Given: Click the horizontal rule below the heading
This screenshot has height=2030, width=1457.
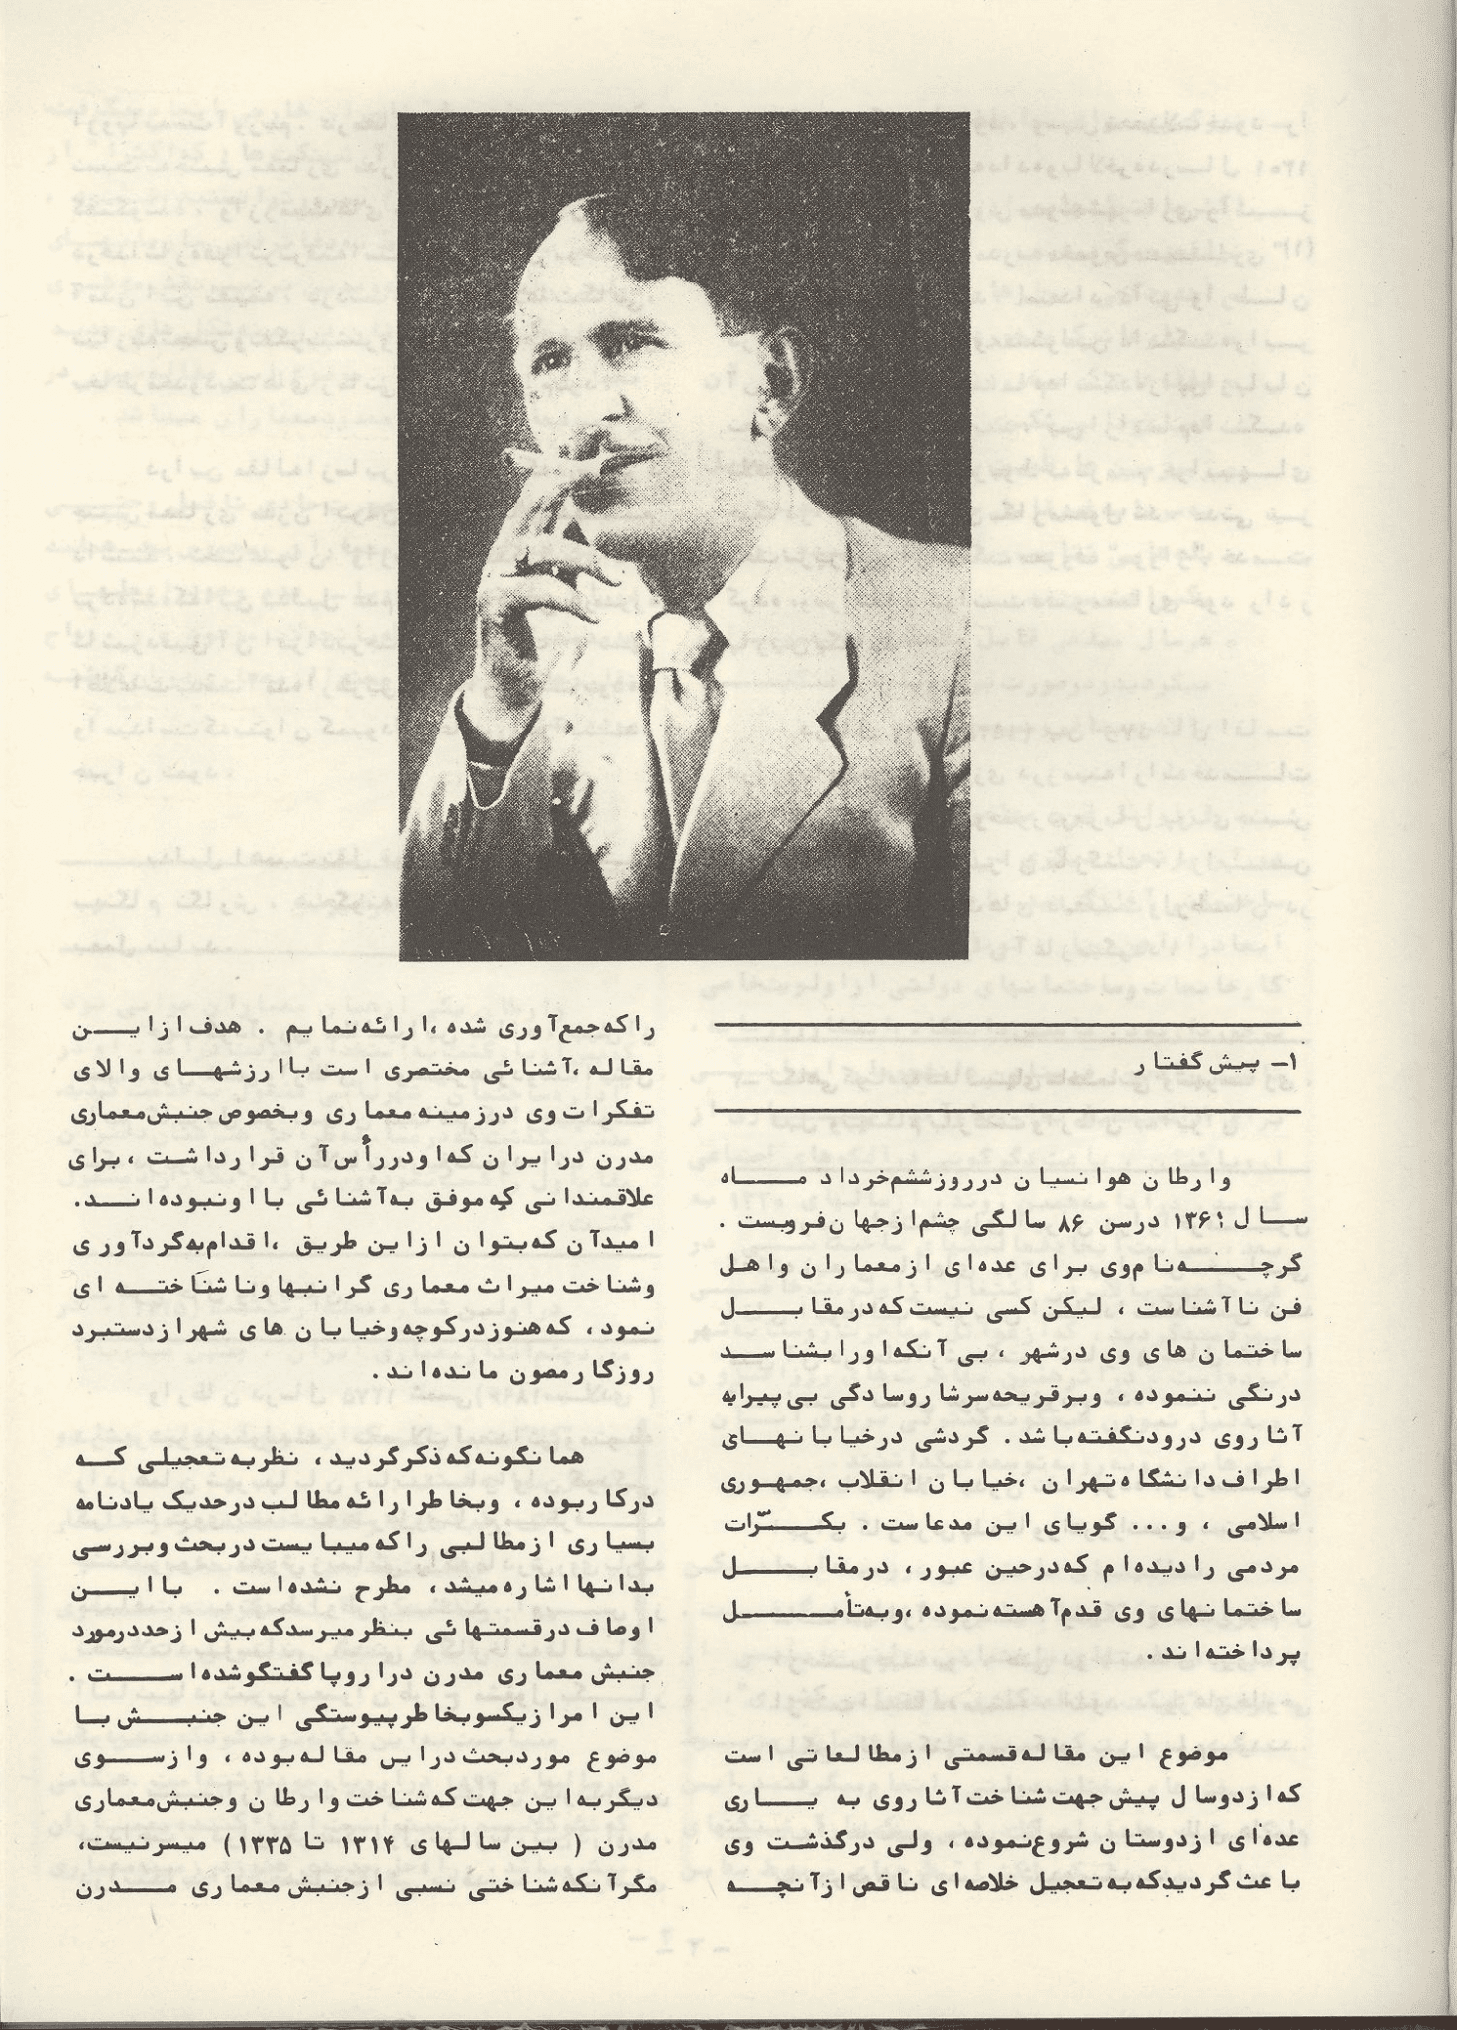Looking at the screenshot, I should tap(1006, 1108).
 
